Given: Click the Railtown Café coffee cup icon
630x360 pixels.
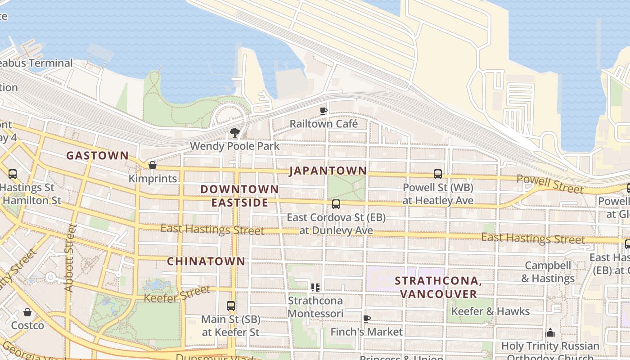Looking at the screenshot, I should point(323,111).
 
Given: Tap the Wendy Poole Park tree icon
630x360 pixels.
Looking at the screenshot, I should point(234,132).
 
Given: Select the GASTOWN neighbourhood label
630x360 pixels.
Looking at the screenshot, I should point(97,156).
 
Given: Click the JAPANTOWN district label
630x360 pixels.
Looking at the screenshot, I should point(328,171).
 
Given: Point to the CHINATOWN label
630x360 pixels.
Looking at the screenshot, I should point(207,261).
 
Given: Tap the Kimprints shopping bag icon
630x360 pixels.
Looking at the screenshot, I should point(153,165).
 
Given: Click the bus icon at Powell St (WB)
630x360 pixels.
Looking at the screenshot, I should point(437,174).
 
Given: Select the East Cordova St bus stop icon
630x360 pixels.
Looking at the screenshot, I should point(336,204).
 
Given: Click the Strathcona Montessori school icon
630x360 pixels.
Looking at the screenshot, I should point(315,287).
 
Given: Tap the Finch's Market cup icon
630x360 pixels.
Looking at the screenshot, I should point(367,319).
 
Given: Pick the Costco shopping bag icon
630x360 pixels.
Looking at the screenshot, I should point(27,312).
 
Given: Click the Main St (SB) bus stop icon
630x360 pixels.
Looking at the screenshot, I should point(231,306).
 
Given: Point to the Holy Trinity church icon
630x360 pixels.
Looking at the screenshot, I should point(550,333).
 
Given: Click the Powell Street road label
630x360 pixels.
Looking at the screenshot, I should point(550,184).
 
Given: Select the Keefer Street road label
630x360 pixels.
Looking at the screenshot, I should point(177,294).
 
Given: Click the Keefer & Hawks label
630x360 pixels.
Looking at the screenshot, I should point(490,311).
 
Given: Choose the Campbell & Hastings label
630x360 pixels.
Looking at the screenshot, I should point(548,272).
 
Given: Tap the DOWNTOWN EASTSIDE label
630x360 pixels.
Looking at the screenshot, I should point(240,196).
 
